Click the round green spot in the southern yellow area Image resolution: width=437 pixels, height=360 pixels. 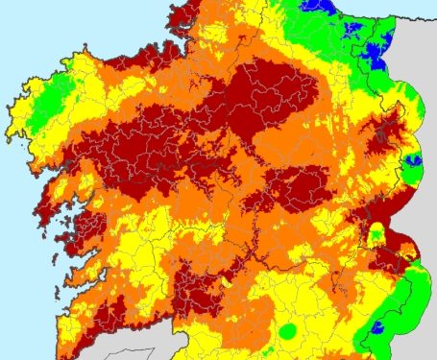coord(286,331)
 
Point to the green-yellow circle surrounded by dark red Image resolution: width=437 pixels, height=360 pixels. coord(376,232)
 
